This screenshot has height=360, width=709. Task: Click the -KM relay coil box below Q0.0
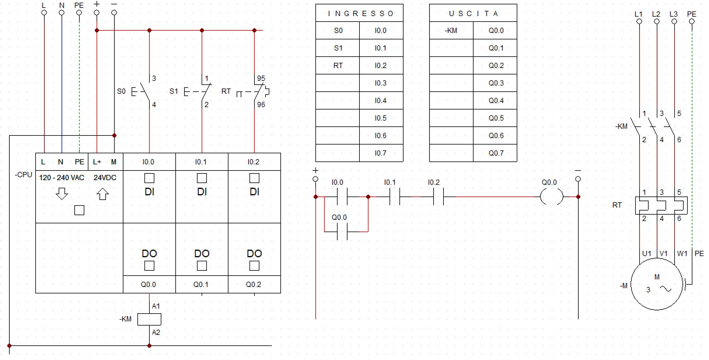149,319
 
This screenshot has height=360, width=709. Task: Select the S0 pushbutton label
121,91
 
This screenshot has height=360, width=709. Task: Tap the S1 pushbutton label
174,91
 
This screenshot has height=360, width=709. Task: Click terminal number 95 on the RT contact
261,78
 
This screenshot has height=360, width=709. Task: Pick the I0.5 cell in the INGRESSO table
380,118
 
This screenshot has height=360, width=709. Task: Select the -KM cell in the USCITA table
451,30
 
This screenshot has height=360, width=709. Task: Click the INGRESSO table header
359,13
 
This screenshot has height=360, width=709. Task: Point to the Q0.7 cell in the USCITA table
496,153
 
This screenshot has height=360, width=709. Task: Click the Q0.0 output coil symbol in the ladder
551,197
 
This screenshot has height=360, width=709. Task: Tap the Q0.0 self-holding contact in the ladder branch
342,232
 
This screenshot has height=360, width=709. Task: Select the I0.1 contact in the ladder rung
394,197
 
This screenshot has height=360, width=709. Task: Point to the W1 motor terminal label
682,253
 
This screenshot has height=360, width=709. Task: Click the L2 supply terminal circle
657,21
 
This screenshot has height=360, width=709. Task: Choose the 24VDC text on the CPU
105,178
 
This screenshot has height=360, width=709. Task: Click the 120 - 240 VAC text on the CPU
62,178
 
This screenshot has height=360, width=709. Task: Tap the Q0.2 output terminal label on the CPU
253,284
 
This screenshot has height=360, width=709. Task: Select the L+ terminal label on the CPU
97,162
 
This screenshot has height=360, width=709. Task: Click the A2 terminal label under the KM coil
156,332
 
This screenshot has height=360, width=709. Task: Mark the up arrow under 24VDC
103,194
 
